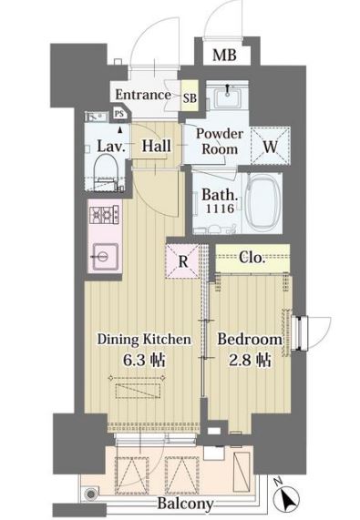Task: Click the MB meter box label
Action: coord(224,55)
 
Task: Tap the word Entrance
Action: coord(143,95)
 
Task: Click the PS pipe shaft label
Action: coord(119,114)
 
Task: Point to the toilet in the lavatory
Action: coord(106,173)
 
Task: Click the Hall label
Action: coord(156,146)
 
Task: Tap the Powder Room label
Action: coord(220,141)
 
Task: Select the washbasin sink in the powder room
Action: coord(227,97)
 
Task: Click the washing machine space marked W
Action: coord(270,146)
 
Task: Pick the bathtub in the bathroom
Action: coord(264,204)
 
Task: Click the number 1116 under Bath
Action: coord(220,209)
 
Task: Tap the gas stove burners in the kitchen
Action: coord(104,216)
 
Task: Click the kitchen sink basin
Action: coord(106,256)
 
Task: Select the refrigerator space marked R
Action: coord(183,261)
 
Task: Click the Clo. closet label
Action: coord(252,258)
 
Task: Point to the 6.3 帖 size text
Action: coord(144,360)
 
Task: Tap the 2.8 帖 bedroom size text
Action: coord(250,360)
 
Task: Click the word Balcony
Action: coord(185,504)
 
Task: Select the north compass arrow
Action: coord(286,497)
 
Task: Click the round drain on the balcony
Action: coord(90,495)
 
